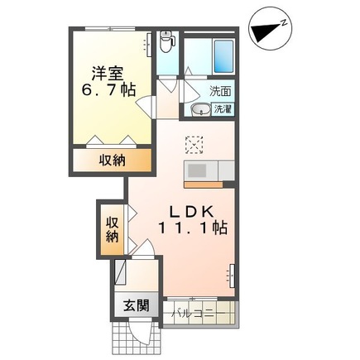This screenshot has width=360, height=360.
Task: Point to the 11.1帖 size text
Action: (195, 225)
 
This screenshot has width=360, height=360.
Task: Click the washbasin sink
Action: (199, 110)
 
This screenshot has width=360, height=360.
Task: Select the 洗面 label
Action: (220, 92)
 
